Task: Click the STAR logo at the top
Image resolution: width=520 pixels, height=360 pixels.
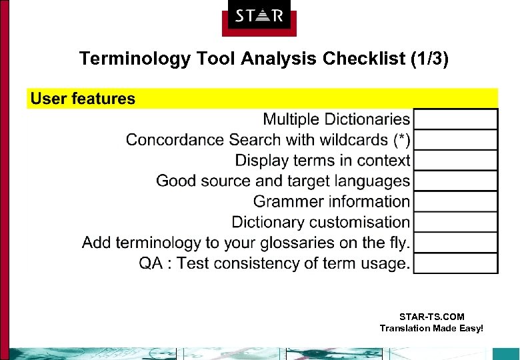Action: pos(259,16)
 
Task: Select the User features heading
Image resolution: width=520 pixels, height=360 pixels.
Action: pos(83,99)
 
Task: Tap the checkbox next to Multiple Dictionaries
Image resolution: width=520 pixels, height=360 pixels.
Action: pos(455,119)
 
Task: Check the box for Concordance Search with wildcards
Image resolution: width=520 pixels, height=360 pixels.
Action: pos(455,140)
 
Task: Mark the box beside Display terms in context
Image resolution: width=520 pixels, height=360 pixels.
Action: pos(455,161)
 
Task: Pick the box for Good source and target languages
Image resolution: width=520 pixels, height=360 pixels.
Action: pos(455,181)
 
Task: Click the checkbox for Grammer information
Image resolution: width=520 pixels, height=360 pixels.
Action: pos(455,201)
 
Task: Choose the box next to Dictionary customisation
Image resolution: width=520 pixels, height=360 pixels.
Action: pos(455,222)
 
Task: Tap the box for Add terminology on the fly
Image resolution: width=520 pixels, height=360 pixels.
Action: pos(455,243)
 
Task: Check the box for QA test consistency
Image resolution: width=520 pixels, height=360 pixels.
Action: pos(455,263)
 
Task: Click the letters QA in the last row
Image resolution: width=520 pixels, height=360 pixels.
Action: pos(150,263)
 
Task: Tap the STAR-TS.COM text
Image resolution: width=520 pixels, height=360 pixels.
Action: pos(431,317)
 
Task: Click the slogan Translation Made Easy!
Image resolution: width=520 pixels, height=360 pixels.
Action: pos(431,328)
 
